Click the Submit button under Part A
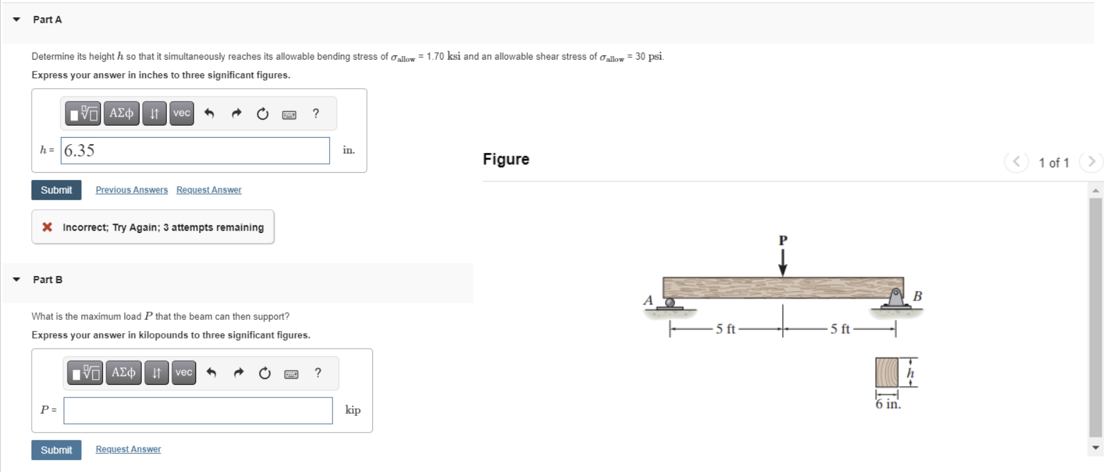pyautogui.click(x=56, y=190)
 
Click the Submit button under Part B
pyautogui.click(x=56, y=450)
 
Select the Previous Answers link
pyautogui.click(x=132, y=190)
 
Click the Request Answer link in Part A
pyautogui.click(x=209, y=190)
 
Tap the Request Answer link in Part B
pyautogui.click(x=128, y=449)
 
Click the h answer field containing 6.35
pyautogui.click(x=195, y=151)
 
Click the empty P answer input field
pyautogui.click(x=198, y=411)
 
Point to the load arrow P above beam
pyautogui.click(x=782, y=261)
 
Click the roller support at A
pyautogui.click(x=670, y=303)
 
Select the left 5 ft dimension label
pyautogui.click(x=725, y=329)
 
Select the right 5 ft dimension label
pyautogui.click(x=840, y=329)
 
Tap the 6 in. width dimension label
pyautogui.click(x=888, y=404)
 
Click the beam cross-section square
pyautogui.click(x=887, y=372)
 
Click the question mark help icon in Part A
pyautogui.click(x=316, y=113)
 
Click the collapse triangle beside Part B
pyautogui.click(x=17, y=280)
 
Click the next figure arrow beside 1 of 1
pyautogui.click(x=1091, y=162)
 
